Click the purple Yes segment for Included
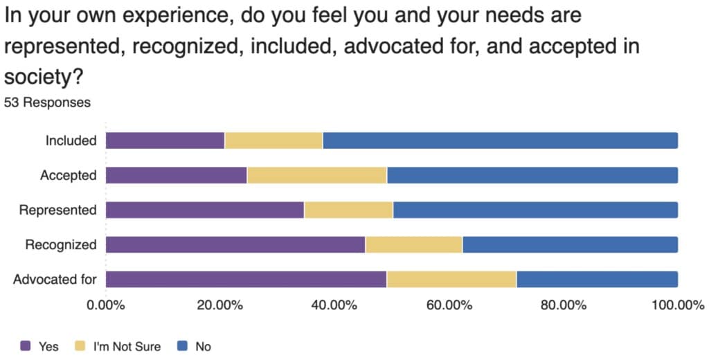point(165,141)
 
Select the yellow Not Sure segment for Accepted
point(316,175)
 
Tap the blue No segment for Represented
point(535,210)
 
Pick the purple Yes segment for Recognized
point(235,244)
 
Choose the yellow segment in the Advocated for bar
point(451,279)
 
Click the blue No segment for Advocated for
point(597,279)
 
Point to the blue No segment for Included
point(500,141)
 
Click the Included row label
point(71,141)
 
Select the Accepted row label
point(68,175)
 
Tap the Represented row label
point(57,210)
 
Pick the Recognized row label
point(60,244)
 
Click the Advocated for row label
point(55,280)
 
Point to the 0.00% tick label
point(105,305)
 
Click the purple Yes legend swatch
point(26,345)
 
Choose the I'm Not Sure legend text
point(127,345)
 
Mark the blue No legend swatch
point(183,345)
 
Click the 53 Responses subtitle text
point(47,102)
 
